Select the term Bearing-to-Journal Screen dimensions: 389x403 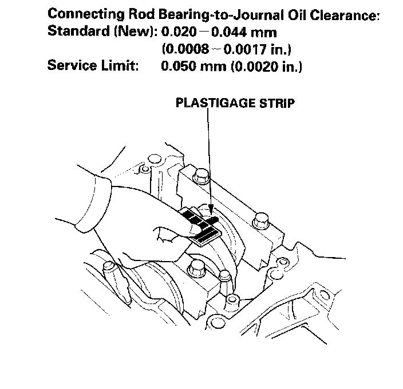point(222,15)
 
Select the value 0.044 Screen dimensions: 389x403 point(229,32)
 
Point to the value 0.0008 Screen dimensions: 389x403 point(188,49)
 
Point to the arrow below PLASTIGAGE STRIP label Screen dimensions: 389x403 point(210,161)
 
